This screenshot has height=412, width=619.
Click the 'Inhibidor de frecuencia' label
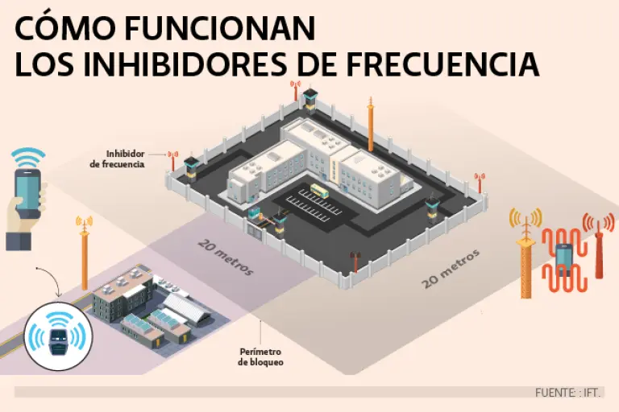point(124,158)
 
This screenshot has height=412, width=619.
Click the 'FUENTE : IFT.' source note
point(568,393)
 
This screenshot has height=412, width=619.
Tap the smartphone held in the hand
point(27,194)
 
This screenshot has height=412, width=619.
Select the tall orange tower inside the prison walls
point(371,125)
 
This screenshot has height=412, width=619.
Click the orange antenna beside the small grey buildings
point(84,253)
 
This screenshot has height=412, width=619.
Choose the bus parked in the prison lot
point(319,191)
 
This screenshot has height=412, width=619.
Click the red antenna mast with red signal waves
point(600,249)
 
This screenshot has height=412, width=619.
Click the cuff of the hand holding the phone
point(18,240)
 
